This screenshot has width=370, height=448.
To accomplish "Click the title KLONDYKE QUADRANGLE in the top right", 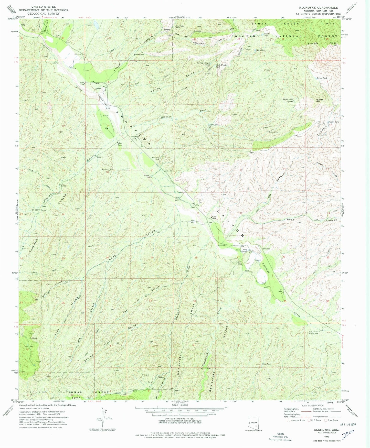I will click(324, 8).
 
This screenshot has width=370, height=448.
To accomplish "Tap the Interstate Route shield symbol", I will click(289, 420).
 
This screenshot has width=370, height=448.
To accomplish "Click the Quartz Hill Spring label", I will click(288, 101).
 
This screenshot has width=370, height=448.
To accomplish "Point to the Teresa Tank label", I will click(322, 78).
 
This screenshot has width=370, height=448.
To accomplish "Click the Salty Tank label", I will click(261, 50).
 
